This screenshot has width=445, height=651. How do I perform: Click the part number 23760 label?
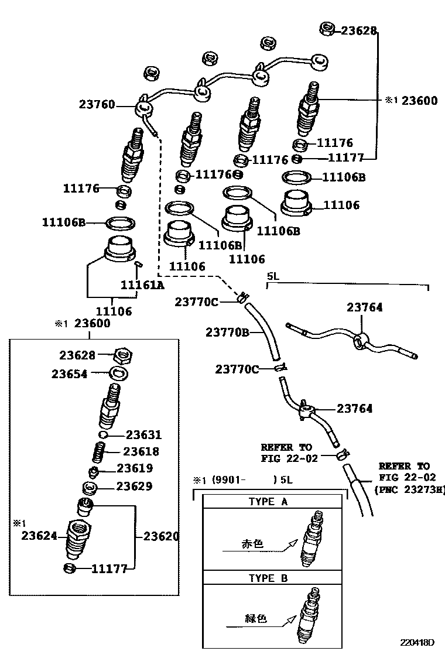pyautogui.click(x=97, y=105)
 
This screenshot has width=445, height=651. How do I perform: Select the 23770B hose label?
pyautogui.click(x=228, y=333)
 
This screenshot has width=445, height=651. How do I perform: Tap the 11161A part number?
pyautogui.click(x=142, y=285)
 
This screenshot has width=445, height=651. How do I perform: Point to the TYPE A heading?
pyautogui.click(x=268, y=502)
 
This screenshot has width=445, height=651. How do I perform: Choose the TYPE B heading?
pyautogui.click(x=268, y=578)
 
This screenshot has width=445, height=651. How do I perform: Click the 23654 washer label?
pyautogui.click(x=69, y=374)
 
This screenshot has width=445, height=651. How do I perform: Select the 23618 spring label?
pyautogui.click(x=141, y=452)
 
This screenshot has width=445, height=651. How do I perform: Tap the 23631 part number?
pyautogui.click(x=143, y=435)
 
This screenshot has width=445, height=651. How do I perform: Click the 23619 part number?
pyautogui.click(x=135, y=468)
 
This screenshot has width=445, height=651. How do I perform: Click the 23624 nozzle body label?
pyautogui.click(x=40, y=534)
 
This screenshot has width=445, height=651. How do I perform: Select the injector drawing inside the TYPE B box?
pyautogui.click(x=309, y=615)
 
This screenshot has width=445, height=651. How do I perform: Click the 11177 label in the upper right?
pyautogui.click(x=345, y=157)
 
